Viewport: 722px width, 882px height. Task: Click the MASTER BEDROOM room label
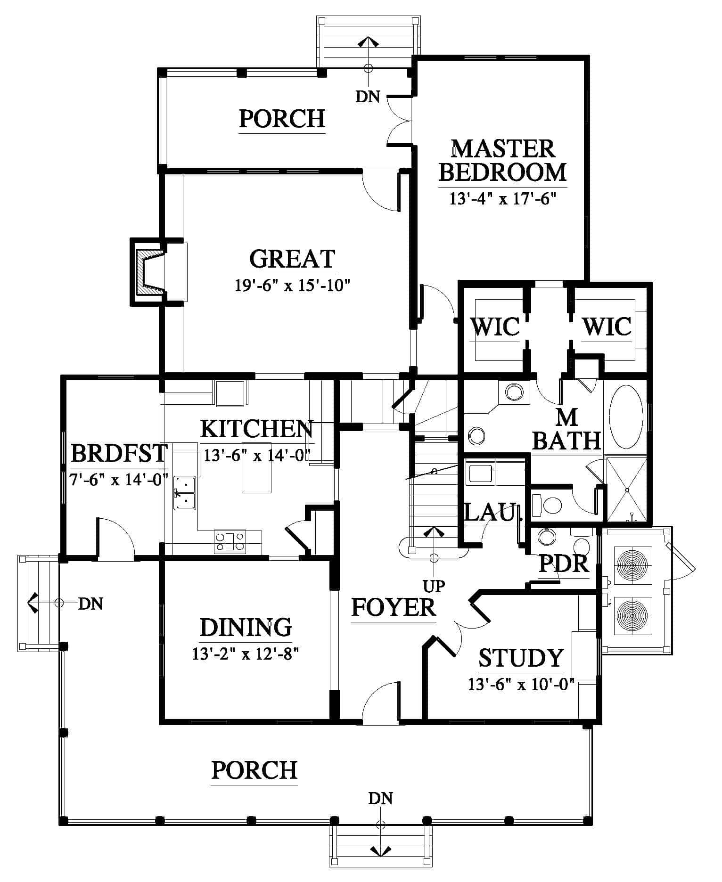click(x=502, y=161)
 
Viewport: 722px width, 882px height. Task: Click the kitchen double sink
click(x=185, y=493)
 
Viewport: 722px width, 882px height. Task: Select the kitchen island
click(x=256, y=467)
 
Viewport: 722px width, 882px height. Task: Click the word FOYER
click(x=394, y=607)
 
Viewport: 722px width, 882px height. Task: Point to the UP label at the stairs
click(x=434, y=586)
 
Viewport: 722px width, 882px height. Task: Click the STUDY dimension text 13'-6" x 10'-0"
click(x=521, y=685)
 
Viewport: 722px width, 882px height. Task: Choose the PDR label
click(x=564, y=563)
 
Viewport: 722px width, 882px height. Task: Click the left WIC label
click(x=495, y=327)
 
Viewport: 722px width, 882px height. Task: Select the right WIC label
click(x=607, y=327)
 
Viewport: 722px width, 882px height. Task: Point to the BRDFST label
click(x=119, y=454)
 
